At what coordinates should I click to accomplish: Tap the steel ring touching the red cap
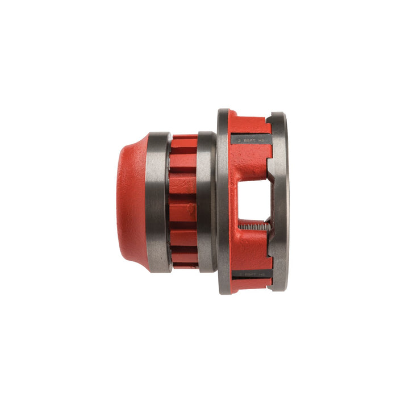[158, 203]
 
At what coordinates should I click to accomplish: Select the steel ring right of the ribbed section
[207, 203]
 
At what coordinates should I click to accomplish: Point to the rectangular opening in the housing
[253, 201]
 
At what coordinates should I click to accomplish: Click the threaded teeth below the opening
[253, 227]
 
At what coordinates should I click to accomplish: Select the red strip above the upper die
[250, 121]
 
